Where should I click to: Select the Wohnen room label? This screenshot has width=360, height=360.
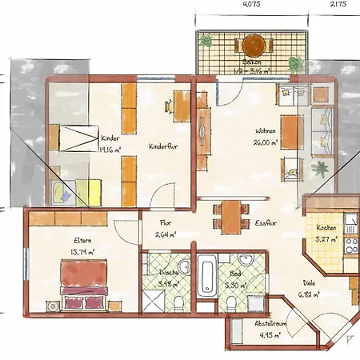266,131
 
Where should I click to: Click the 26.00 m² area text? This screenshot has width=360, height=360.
266,142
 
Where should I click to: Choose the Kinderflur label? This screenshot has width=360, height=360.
163,146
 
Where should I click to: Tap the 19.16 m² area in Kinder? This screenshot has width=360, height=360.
110,148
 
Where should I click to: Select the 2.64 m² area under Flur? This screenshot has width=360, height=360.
166,235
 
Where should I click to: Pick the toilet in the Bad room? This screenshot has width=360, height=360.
232,302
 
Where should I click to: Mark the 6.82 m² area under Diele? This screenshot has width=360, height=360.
310,294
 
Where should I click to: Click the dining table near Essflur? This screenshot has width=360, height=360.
230,214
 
